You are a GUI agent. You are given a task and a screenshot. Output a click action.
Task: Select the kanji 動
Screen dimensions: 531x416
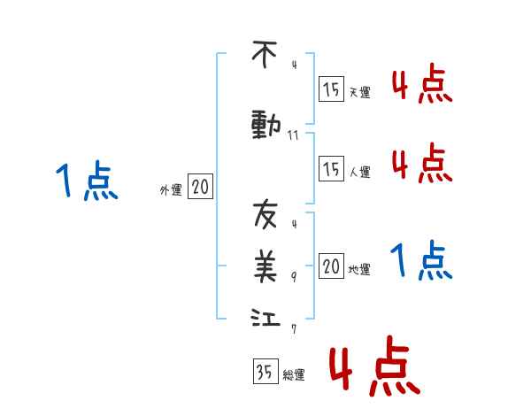click(x=265, y=126)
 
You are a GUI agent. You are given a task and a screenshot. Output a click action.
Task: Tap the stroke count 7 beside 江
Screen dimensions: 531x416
click(x=294, y=328)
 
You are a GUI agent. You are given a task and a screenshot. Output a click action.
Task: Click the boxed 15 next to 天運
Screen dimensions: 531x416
click(x=331, y=89)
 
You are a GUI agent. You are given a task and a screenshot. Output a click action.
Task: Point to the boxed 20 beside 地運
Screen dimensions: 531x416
click(x=331, y=266)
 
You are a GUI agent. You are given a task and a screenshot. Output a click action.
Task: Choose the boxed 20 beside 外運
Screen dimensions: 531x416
click(x=200, y=188)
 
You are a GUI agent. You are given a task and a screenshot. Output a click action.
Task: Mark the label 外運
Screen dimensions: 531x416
click(x=171, y=190)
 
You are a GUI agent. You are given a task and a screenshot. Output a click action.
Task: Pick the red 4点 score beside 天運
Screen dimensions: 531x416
click(x=420, y=86)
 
